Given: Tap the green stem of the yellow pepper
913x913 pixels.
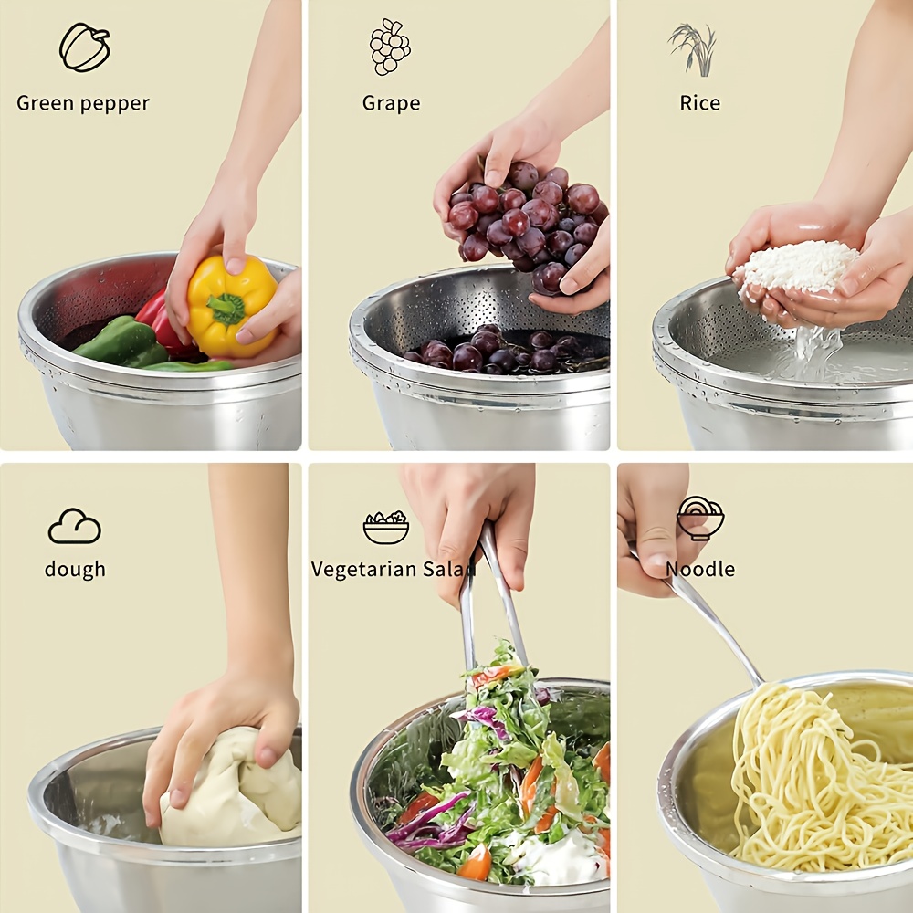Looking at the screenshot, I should (x=226, y=309).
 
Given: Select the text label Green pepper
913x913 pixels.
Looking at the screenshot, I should (x=83, y=103).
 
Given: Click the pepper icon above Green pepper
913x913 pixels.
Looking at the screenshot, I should (x=84, y=47).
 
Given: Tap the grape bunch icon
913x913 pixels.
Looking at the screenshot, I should (x=390, y=47).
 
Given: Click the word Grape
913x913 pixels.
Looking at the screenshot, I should (x=391, y=103).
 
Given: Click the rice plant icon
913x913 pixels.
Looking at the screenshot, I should (x=694, y=48).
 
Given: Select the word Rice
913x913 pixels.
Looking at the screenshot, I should (x=700, y=103).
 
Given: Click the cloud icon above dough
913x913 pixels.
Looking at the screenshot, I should (x=74, y=527).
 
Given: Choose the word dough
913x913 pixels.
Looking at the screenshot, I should (x=75, y=570).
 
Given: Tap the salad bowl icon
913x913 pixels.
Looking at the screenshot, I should (x=386, y=527).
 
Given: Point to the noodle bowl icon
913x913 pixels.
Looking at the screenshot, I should (x=700, y=518).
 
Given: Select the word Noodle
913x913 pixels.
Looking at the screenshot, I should (x=700, y=570).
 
